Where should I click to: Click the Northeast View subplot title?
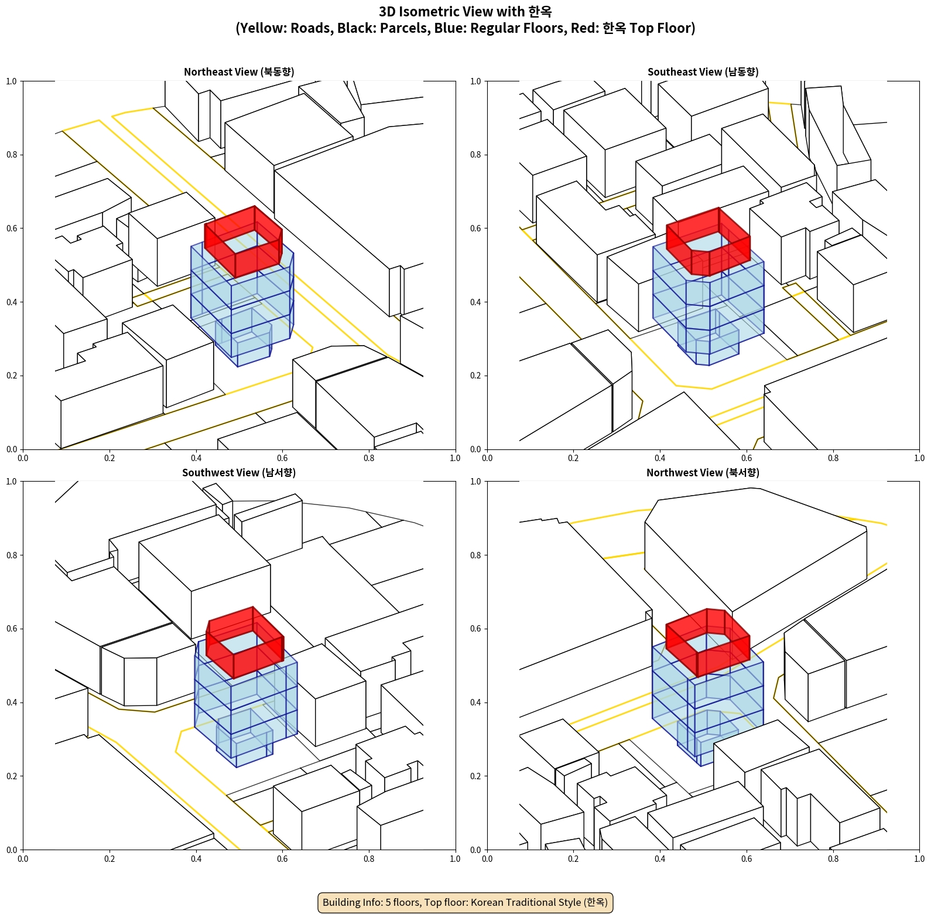[239, 72]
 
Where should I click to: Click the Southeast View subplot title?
[703, 72]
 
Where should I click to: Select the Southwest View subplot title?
[239, 473]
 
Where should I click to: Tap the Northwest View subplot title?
[703, 473]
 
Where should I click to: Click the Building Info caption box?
[465, 902]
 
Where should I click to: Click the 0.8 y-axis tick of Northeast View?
[12, 155]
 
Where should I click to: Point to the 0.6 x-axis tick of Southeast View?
[747, 458]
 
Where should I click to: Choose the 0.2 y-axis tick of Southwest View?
[12, 776]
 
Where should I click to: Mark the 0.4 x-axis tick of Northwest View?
[660, 859]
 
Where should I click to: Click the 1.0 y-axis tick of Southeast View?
[475, 81]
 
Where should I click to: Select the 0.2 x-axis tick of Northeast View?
[109, 458]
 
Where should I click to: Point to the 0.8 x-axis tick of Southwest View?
[369, 859]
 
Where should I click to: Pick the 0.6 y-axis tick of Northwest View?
[475, 629]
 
